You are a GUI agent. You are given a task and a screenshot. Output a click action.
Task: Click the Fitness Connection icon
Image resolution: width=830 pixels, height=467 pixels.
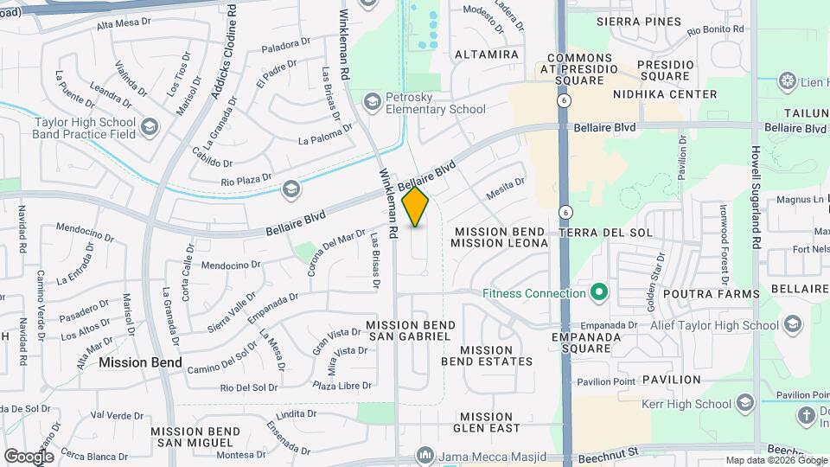597,293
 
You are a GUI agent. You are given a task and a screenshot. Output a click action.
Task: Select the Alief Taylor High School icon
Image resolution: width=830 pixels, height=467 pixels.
793,325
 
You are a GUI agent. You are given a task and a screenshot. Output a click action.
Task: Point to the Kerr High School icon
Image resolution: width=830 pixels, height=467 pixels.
745,404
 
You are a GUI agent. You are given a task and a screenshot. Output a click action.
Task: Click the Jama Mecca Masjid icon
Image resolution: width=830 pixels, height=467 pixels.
424,455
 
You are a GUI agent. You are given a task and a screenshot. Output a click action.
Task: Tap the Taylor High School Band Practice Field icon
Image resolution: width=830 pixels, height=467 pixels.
150,128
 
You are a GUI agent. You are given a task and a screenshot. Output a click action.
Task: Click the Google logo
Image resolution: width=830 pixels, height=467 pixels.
29,456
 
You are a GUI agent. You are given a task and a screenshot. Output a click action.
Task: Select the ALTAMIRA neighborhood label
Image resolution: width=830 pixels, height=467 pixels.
486,54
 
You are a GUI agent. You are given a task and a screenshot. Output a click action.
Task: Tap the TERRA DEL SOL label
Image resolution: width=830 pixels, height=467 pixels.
605,233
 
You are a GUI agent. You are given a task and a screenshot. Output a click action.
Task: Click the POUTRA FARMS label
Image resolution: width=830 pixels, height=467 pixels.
711,294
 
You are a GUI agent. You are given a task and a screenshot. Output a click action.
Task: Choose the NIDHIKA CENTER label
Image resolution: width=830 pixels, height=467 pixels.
664,94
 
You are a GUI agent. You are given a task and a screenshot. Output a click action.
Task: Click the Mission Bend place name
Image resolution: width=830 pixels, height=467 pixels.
140,362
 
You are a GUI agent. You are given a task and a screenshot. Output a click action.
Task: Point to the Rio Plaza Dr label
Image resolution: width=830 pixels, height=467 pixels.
246,182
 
